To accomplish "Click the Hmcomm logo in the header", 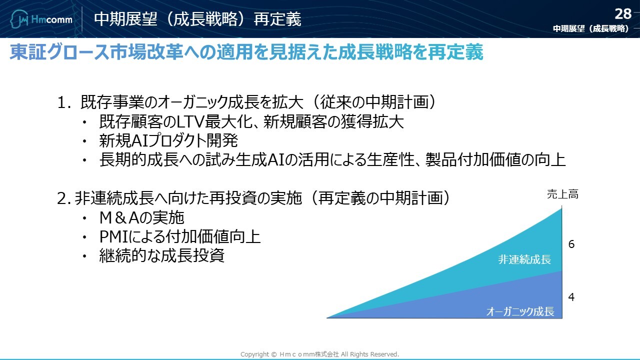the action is click(x=41, y=19).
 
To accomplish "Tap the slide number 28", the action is click(x=623, y=14).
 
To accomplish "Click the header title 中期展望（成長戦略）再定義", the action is click(x=197, y=19).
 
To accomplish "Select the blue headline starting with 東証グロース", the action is click(x=246, y=52).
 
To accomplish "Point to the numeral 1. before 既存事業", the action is click(x=63, y=102).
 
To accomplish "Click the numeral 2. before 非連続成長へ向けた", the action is click(x=63, y=198).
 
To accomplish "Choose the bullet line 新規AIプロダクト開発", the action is click(x=168, y=140).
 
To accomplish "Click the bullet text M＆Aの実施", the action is click(x=141, y=217).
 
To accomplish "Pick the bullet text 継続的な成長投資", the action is click(x=161, y=255).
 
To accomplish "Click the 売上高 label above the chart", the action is click(x=562, y=194).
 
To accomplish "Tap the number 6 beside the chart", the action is click(x=571, y=244).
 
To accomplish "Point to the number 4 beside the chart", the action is click(x=571, y=297).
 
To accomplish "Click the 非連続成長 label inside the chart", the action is click(x=524, y=259).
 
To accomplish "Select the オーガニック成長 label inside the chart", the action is click(x=520, y=311).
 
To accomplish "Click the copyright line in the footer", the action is click(x=319, y=354).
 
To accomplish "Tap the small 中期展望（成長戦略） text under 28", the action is click(x=591, y=28).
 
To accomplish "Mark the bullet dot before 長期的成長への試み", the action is click(x=84, y=160).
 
